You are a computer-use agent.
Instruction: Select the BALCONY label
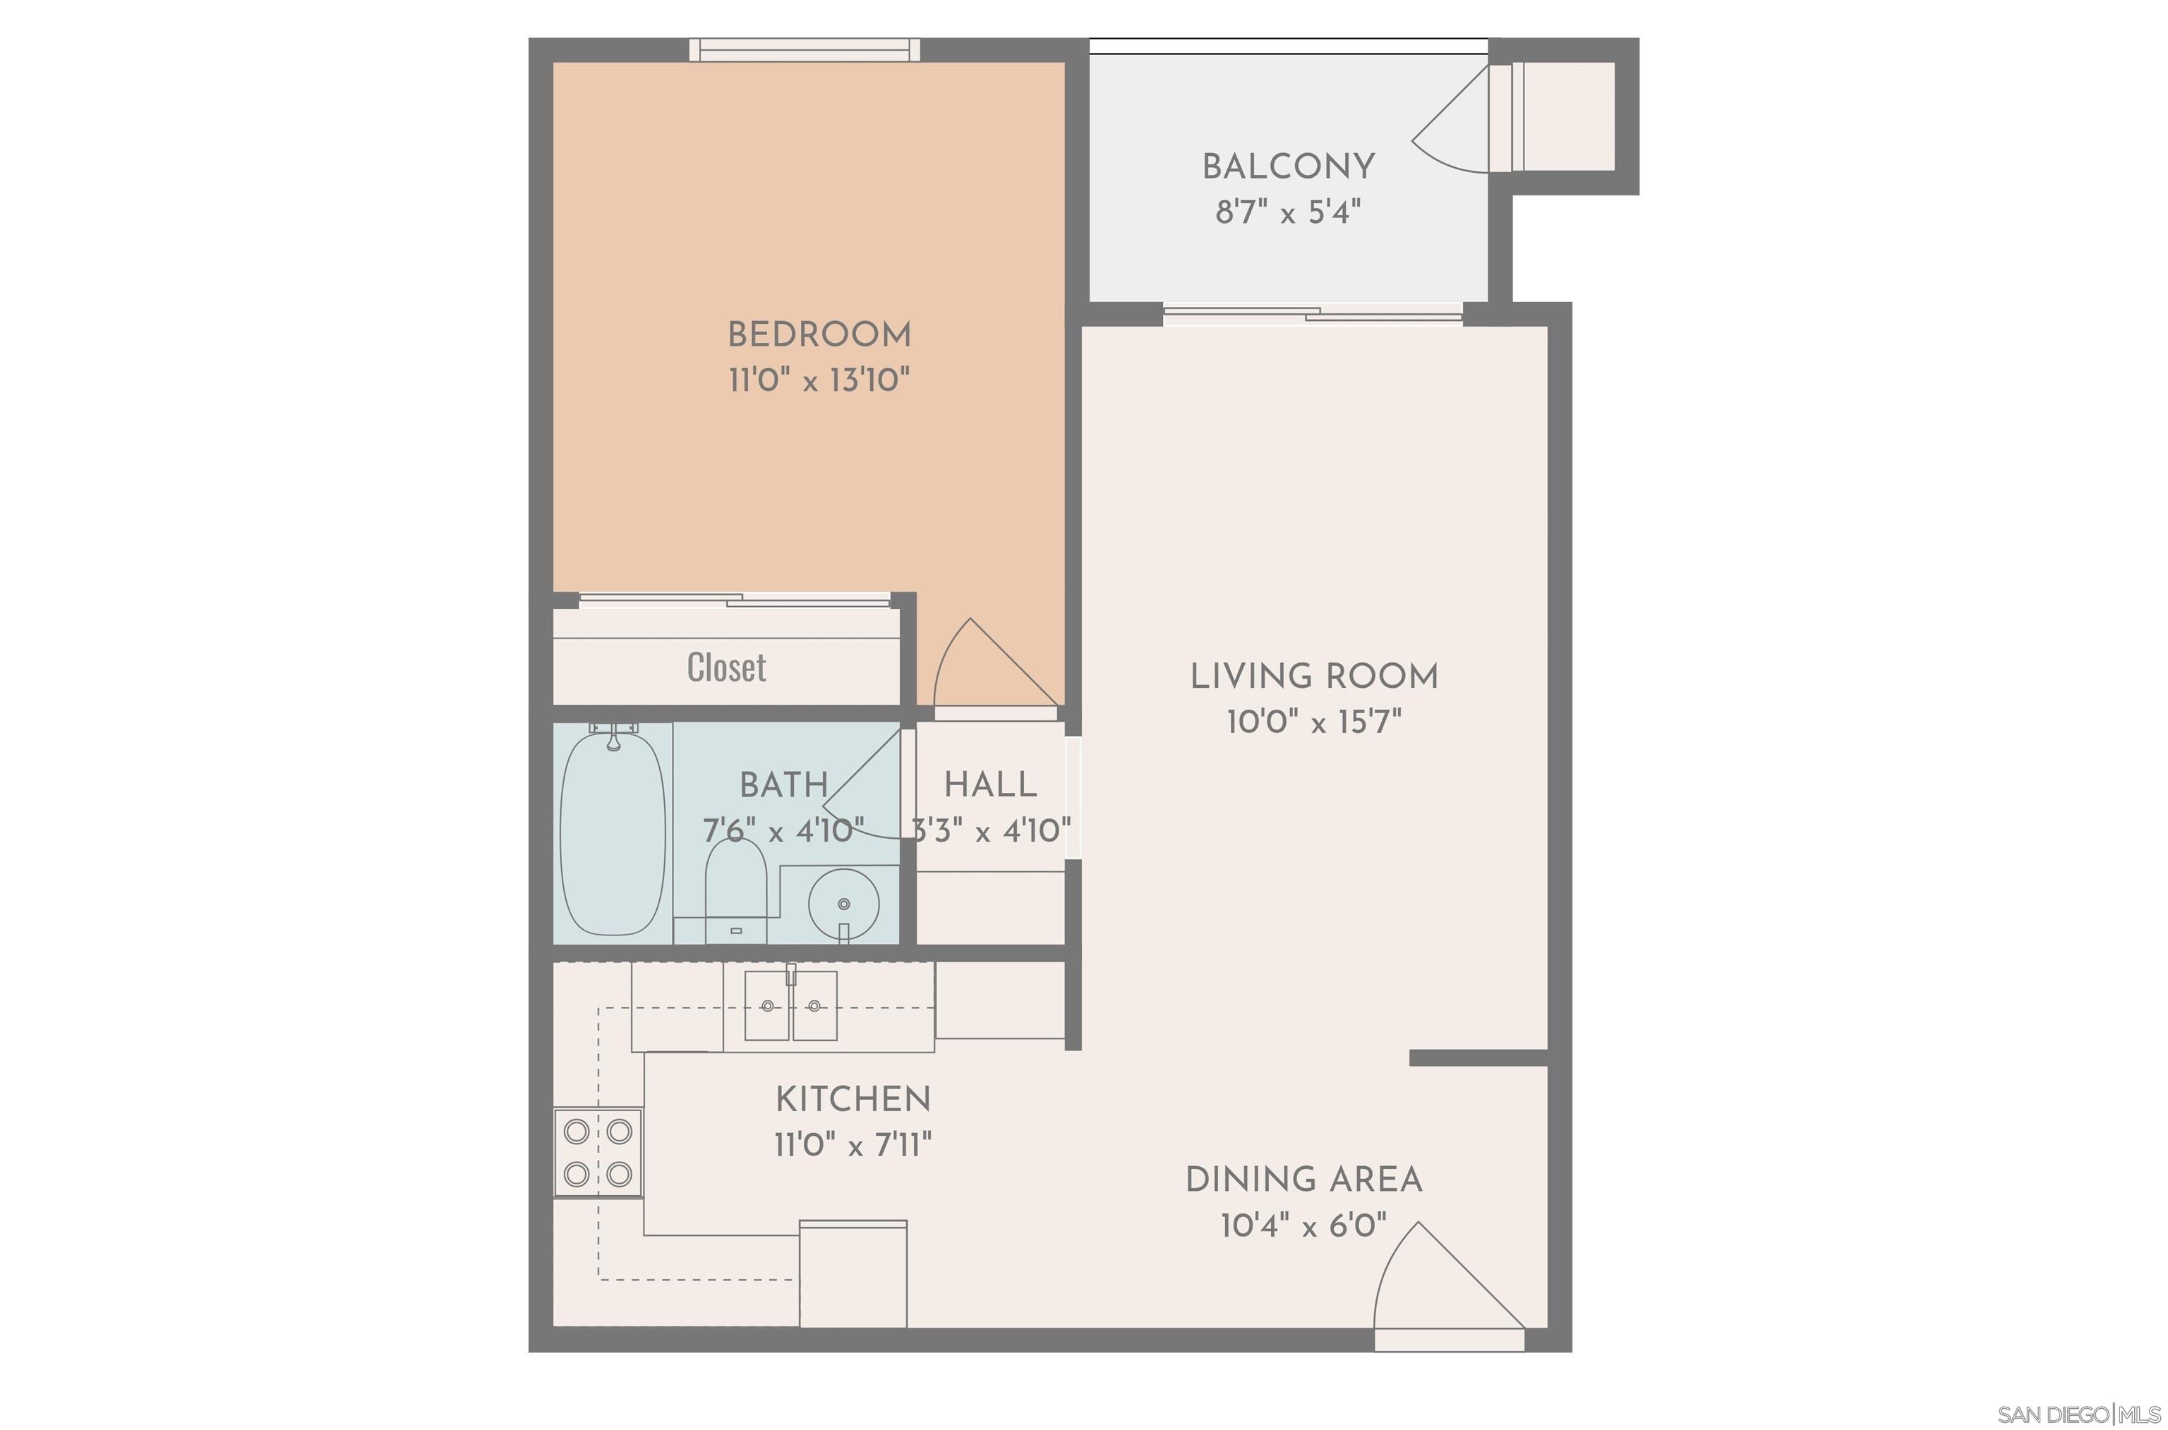[1287, 167]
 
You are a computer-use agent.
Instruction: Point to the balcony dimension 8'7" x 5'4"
[1287, 212]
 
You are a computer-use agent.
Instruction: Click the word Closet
[726, 667]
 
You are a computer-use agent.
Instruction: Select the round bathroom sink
[843, 904]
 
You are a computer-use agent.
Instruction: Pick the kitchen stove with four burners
[598, 1153]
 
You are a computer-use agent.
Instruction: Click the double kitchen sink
[790, 1006]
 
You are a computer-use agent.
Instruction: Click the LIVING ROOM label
[1313, 677]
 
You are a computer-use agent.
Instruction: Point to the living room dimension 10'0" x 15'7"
[1313, 722]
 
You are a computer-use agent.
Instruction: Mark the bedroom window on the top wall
[804, 50]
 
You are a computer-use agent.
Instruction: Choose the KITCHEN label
[853, 1099]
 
